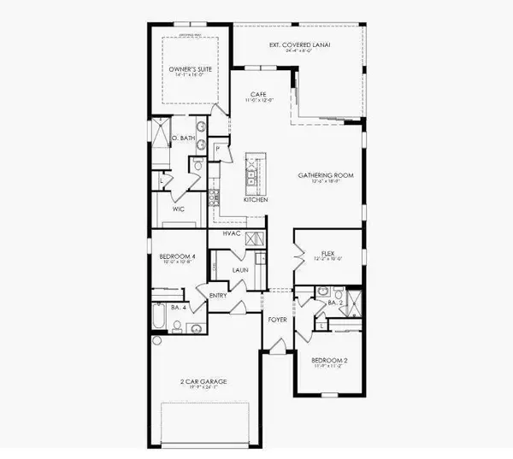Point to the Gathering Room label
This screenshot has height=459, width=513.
point(322,176)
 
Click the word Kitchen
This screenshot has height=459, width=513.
point(256,199)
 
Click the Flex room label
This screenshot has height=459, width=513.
point(327,253)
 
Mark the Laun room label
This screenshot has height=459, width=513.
point(240,272)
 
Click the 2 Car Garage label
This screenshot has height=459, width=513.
point(203,382)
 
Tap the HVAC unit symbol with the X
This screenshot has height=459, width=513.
point(253,238)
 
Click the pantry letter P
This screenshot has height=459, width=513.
point(217,148)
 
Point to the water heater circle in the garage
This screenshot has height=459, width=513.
point(156,340)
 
